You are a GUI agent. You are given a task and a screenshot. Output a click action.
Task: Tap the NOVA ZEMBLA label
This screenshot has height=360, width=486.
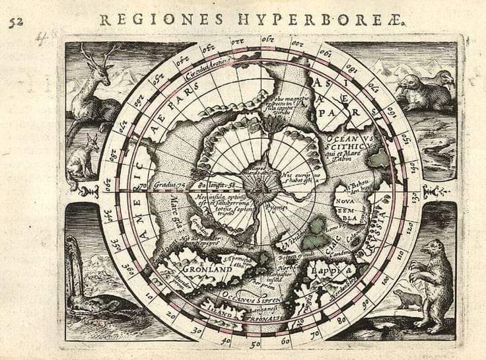(350, 209)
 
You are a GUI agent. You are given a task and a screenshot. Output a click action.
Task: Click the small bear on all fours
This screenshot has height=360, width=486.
(407, 299)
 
